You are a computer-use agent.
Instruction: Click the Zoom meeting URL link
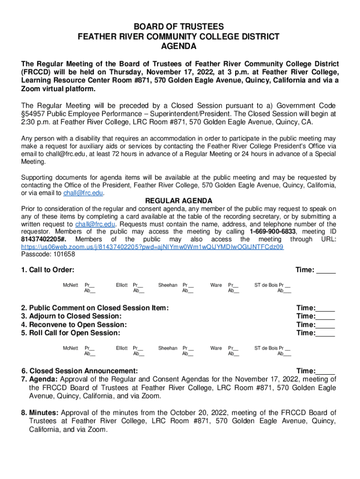point(152,247)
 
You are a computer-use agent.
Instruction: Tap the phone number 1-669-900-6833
point(273,232)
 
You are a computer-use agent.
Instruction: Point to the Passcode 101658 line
point(48,254)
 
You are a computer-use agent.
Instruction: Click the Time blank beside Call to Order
point(326,270)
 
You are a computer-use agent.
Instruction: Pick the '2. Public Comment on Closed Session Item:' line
point(95,308)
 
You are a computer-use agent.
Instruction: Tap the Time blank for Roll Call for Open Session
point(325,333)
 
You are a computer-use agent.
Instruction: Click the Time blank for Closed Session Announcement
point(325,371)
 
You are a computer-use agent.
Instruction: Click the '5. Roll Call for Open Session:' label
point(71,333)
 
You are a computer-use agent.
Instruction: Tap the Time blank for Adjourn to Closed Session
point(325,316)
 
